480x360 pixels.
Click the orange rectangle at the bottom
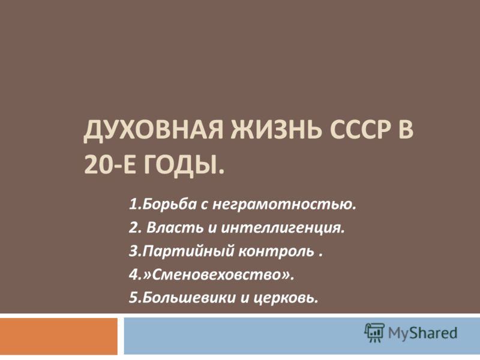point(59,336)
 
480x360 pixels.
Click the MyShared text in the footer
point(422,334)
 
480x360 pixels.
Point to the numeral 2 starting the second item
point(133,228)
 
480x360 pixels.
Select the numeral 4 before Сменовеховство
point(133,274)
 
